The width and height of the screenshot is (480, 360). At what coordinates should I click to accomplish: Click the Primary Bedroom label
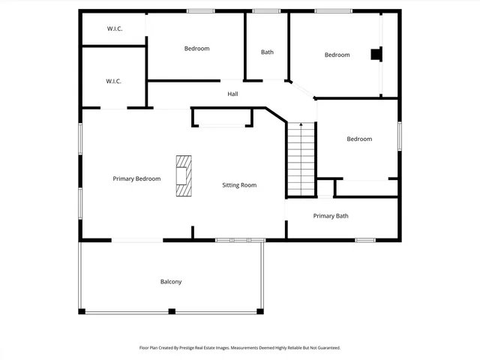pos(136,178)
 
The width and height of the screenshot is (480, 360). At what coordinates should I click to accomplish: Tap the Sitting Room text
pos(239,184)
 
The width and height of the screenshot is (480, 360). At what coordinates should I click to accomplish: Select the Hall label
pos(232,94)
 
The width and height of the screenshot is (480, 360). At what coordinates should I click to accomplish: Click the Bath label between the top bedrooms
pos(267,52)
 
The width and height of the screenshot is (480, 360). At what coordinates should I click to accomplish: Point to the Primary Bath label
pos(331,216)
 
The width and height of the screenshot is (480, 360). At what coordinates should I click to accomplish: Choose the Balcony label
pos(170,282)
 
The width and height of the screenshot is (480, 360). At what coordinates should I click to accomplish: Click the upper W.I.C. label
pos(114,28)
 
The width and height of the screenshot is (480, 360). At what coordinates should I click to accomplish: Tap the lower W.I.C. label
pos(113,81)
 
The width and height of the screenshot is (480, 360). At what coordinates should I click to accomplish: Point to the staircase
pos(301,161)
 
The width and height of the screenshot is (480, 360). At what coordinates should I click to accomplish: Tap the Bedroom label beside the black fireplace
pos(337,55)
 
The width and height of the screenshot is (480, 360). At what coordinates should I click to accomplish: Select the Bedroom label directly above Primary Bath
pos(359,139)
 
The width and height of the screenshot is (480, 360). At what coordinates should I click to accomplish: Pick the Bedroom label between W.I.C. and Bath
pos(196,49)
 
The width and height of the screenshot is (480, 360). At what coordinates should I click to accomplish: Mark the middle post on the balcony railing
pos(172,311)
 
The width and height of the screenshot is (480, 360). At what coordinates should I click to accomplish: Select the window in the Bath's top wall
pos(266,11)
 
